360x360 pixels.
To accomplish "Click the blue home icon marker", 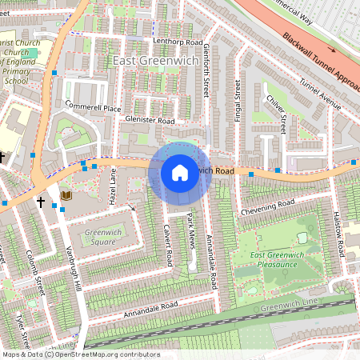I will (179, 173).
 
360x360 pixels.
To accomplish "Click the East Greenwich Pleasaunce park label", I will (278, 260).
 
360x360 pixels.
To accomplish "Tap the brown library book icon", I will (66, 195).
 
